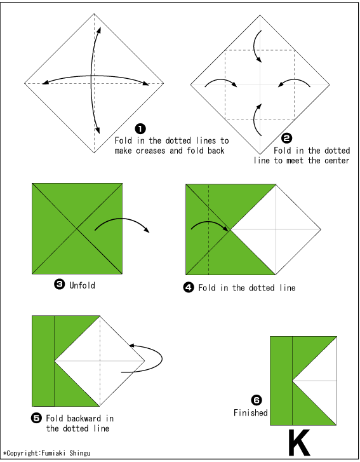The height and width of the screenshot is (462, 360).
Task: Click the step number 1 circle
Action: [x=141, y=129]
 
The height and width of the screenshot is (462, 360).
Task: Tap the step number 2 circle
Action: [x=286, y=138]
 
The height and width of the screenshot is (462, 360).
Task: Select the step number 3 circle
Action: [x=59, y=285]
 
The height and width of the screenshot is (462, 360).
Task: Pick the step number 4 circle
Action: [x=189, y=287]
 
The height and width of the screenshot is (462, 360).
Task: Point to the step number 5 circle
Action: [x=36, y=418]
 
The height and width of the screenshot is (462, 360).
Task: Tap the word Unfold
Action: [x=82, y=285]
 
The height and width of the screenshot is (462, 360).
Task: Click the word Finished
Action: [x=250, y=413]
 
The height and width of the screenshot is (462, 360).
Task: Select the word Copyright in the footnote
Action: [x=23, y=454]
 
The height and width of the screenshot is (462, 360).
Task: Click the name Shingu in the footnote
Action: [x=77, y=454]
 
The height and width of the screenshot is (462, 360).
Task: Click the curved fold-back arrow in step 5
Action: [x=149, y=357]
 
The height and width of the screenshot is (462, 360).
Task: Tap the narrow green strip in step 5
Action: [x=43, y=360]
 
